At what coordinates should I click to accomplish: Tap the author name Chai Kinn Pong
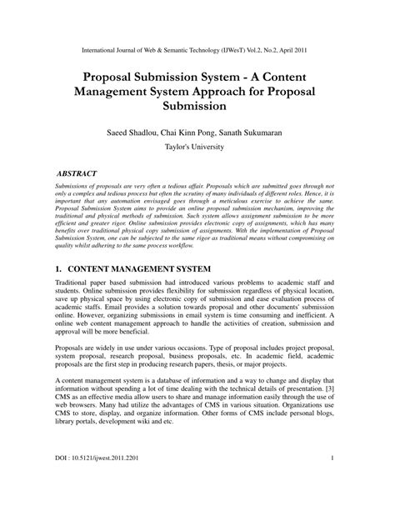point(197,131)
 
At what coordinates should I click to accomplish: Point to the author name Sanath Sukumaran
point(260,131)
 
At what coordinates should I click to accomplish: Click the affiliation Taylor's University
point(197,147)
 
